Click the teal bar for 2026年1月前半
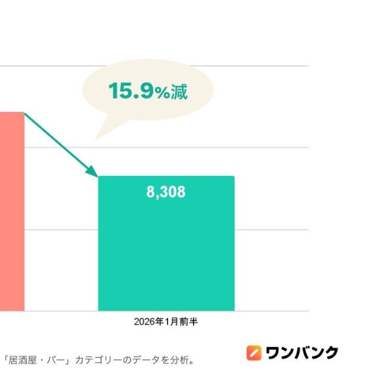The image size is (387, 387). pos(166,254)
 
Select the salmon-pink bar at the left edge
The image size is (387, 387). pos(11,212)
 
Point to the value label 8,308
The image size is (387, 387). pos(166,192)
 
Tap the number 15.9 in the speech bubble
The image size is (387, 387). pos(129,91)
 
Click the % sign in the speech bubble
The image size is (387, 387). pos(160,93)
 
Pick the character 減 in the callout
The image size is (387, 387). pos(178,91)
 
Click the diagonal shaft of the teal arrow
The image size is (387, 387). pos(57,142)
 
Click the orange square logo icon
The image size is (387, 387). pos(254,353)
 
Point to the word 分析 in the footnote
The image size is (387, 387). pos(177,360)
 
